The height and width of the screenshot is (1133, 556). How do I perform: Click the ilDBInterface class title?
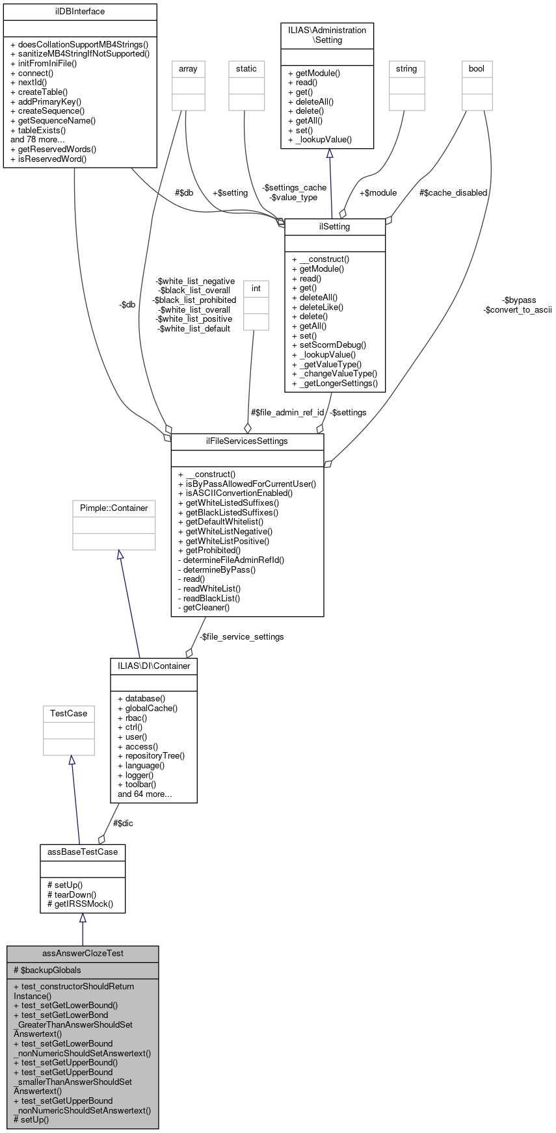80,12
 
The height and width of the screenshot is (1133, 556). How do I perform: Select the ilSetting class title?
335,227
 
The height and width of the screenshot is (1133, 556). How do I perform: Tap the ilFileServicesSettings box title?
247,441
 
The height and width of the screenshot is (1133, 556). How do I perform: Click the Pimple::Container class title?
114,508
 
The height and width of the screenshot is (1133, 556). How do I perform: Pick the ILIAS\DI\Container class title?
154,666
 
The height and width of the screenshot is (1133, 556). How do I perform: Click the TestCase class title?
69,714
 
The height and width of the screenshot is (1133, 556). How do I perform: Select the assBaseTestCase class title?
83,852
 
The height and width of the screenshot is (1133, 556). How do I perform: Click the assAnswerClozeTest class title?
83,954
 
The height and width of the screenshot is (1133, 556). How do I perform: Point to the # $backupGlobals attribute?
47,970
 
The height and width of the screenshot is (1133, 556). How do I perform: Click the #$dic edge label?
123,823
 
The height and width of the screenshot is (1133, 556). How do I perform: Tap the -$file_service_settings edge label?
241,637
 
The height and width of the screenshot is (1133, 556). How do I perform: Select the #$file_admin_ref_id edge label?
287,413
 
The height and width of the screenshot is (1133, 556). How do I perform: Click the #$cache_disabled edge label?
453,193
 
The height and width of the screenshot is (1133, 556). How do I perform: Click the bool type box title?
477,69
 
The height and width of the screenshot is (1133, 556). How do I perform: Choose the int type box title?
256,289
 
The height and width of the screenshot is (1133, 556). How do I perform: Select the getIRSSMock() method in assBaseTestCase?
84,904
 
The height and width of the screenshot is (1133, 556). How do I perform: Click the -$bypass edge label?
520,300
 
